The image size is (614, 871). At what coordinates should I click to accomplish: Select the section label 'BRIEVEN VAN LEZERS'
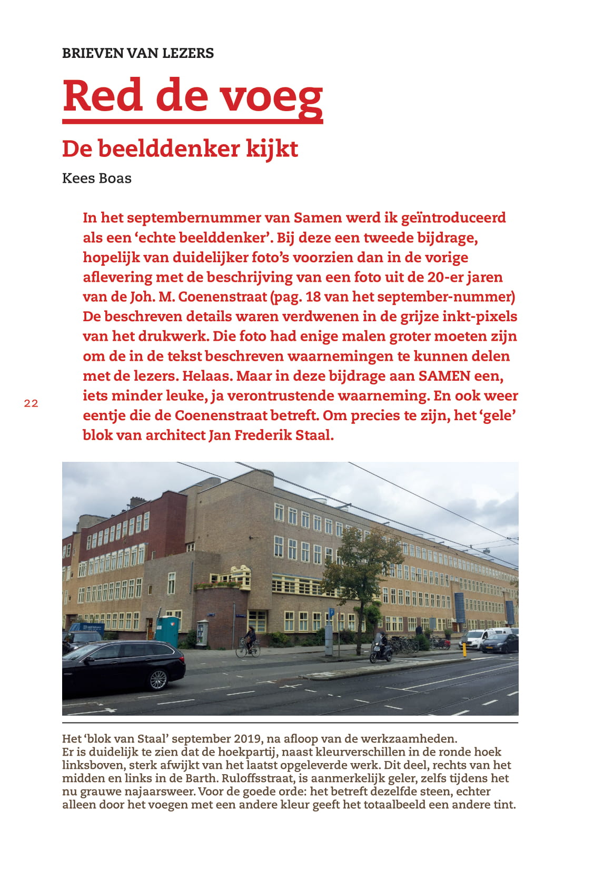(x=138, y=53)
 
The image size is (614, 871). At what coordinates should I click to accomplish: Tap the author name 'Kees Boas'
(x=97, y=179)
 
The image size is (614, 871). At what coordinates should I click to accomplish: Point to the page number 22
(x=31, y=404)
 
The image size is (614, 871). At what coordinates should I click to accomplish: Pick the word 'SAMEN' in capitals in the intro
(x=444, y=376)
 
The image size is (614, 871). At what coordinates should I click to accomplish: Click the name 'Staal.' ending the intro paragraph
(x=314, y=435)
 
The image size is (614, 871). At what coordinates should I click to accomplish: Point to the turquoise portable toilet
(x=168, y=630)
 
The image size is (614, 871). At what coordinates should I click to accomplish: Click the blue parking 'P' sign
(x=331, y=612)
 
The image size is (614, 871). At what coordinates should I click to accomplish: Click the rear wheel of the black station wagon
(x=159, y=679)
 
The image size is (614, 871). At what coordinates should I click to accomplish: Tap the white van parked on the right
(x=478, y=638)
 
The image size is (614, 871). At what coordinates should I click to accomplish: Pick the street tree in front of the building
(x=362, y=569)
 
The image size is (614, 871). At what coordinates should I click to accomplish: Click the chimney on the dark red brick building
(x=137, y=501)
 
